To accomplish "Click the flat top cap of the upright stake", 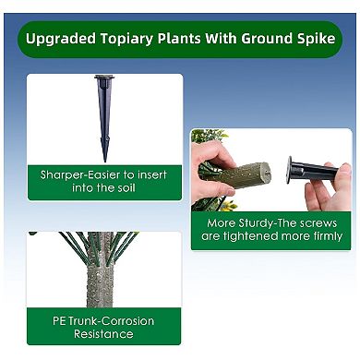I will [x=104, y=78].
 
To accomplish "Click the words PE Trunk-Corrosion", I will [x=103, y=320].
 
